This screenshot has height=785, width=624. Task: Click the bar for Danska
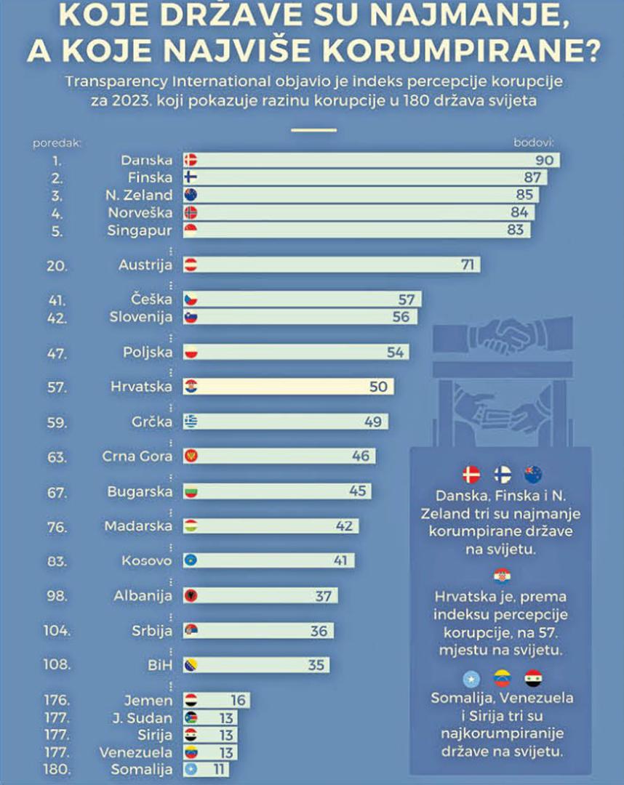pyautogui.click(x=371, y=160)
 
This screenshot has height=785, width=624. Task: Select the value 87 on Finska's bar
pyautogui.click(x=531, y=177)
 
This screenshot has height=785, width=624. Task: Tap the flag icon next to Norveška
pyautogui.click(x=191, y=213)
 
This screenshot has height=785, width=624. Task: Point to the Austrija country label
pyautogui.click(x=145, y=265)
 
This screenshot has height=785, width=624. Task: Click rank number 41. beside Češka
pyautogui.click(x=58, y=299)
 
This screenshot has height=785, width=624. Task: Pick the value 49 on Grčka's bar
pyautogui.click(x=372, y=422)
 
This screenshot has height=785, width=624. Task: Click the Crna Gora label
pyautogui.click(x=137, y=456)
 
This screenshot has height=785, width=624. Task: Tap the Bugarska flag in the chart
pyautogui.click(x=191, y=491)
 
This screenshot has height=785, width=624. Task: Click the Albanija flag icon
pyautogui.click(x=191, y=596)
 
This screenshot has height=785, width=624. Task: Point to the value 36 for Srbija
pyautogui.click(x=319, y=631)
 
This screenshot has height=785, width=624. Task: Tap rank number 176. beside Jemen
pyautogui.click(x=56, y=701)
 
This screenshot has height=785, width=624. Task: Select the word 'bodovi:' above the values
pyautogui.click(x=534, y=142)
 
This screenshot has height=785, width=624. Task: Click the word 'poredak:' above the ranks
pyautogui.click(x=57, y=142)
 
